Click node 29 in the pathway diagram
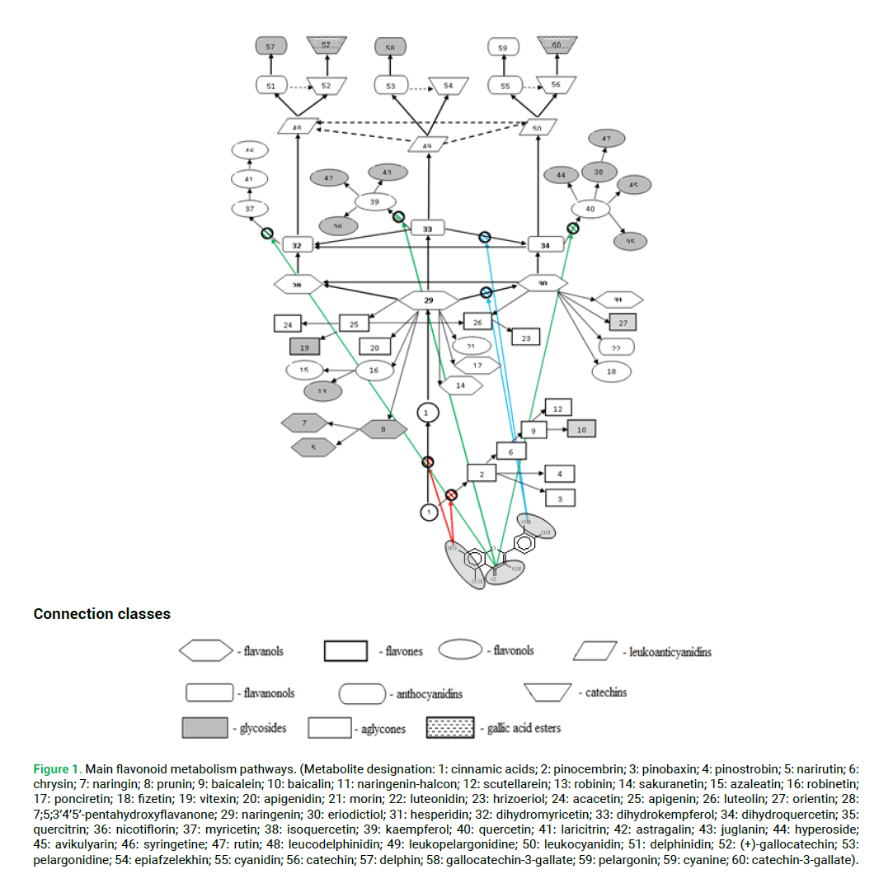click(428, 300)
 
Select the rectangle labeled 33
click(427, 228)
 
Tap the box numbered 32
click(297, 245)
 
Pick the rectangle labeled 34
click(544, 245)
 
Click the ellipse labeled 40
click(590, 210)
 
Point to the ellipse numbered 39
click(374, 201)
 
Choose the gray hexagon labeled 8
click(383, 429)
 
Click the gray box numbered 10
click(580, 429)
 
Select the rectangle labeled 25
click(354, 324)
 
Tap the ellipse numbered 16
click(374, 371)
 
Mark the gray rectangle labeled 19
click(304, 348)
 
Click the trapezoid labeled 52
click(326, 85)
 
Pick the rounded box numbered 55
click(505, 85)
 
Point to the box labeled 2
click(482, 473)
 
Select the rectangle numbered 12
click(557, 409)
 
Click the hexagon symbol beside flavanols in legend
click(205, 650)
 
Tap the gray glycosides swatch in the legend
click(204, 727)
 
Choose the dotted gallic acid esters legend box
click(450, 727)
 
